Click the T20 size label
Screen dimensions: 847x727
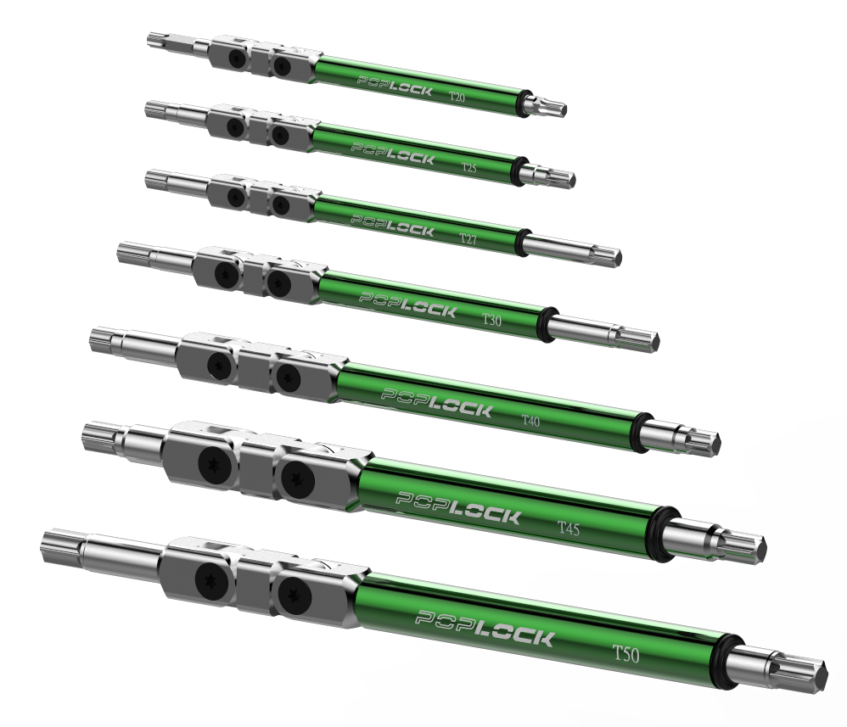(457, 98)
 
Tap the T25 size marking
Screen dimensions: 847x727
(468, 167)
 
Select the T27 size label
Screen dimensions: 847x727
(468, 238)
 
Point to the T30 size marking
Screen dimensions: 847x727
(491, 320)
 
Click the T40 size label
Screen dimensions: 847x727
(530, 420)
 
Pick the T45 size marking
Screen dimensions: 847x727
(569, 527)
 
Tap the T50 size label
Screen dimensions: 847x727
(625, 654)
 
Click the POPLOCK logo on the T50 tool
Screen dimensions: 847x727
(485, 628)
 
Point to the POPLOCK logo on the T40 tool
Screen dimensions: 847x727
(437, 402)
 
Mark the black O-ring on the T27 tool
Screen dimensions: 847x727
(522, 242)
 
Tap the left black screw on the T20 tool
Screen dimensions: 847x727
(236, 59)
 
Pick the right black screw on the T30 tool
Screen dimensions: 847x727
(278, 281)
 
